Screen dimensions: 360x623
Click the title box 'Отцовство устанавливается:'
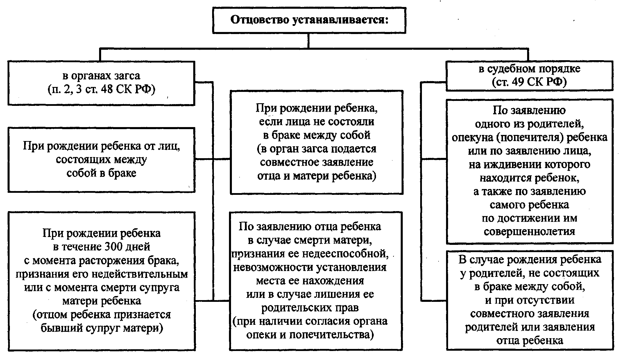point(309,20)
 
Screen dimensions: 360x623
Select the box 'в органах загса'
point(101,83)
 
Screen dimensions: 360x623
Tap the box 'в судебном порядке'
point(529,76)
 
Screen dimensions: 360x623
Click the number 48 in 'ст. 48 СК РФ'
point(107,89)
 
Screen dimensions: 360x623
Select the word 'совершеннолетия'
point(529,232)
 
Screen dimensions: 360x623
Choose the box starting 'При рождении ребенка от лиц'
point(101,160)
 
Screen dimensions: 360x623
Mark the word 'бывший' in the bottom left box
point(62,328)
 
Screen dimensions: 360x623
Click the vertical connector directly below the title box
point(309,41)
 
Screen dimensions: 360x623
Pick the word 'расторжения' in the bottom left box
point(110,261)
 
